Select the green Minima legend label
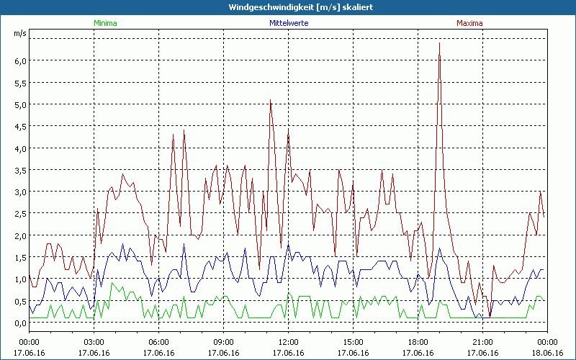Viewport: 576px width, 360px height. point(105,23)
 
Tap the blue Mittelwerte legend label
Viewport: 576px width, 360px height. point(288,23)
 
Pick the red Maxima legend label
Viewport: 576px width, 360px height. point(469,23)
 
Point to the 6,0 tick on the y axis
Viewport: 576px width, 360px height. point(19,60)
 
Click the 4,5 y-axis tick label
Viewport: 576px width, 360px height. point(19,127)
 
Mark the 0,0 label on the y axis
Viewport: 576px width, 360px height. point(19,323)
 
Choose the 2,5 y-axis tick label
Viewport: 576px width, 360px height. point(19,214)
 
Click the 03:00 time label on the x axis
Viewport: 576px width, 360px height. point(94,342)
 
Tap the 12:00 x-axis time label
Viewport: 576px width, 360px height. point(288,342)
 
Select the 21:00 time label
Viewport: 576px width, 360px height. point(482,342)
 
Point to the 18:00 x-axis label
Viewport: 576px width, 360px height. point(418,342)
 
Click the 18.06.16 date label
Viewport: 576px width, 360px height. point(547,353)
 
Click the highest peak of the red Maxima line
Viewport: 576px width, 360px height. point(439,44)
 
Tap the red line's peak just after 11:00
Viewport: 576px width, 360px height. point(271,101)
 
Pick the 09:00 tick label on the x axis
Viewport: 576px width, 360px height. point(223,342)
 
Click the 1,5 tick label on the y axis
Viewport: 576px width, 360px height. point(19,258)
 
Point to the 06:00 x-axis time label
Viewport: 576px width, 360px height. point(158,342)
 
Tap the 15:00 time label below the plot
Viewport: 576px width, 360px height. point(353,342)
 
